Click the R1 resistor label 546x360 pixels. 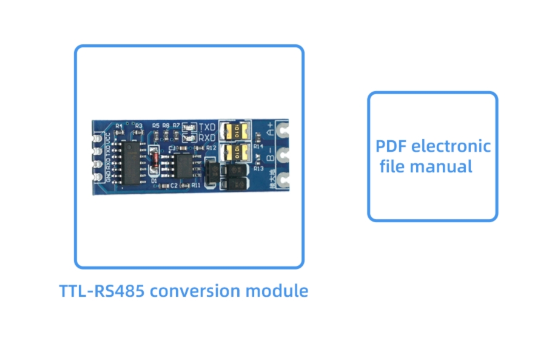(x=119, y=126)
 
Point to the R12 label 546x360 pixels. (x=211, y=148)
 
